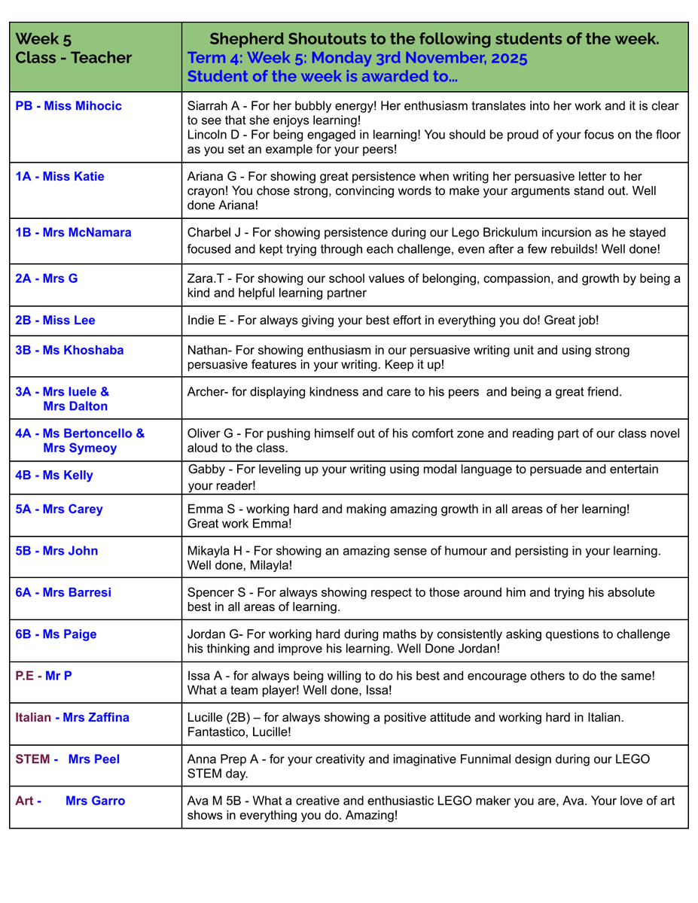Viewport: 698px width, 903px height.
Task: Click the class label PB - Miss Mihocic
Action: click(x=69, y=106)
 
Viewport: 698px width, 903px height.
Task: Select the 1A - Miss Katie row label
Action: click(x=59, y=177)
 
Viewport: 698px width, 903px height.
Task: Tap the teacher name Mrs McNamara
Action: click(x=87, y=233)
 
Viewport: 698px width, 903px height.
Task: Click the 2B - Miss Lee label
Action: click(x=55, y=321)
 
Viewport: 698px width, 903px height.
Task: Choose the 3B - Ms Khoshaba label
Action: click(x=69, y=350)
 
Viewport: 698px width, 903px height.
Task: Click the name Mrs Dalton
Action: click(x=75, y=406)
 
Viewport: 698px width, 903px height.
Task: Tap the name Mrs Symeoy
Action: click(x=80, y=448)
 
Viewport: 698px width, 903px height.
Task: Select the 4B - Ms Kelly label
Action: click(x=54, y=476)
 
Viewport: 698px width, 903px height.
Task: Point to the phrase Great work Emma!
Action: click(x=239, y=524)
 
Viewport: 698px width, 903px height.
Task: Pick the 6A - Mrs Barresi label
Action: click(x=63, y=592)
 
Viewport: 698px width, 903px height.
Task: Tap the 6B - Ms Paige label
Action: click(x=56, y=634)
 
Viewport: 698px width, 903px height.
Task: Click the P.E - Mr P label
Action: click(x=44, y=676)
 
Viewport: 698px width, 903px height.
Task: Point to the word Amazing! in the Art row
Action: click(x=372, y=816)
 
